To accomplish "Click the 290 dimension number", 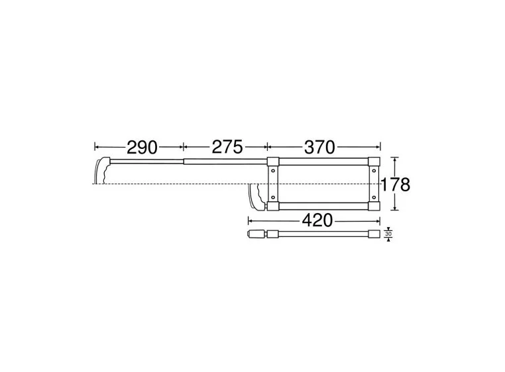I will click(x=142, y=147).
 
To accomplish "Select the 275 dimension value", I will click(x=227, y=147).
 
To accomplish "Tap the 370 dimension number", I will click(x=319, y=147).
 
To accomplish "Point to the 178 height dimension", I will click(x=396, y=185).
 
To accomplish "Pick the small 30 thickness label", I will click(x=388, y=234).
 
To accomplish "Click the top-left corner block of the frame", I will click(x=273, y=161).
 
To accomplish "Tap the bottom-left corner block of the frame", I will click(x=273, y=206).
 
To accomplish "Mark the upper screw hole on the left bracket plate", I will click(x=273, y=173).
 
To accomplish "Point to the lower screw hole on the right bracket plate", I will click(x=374, y=197).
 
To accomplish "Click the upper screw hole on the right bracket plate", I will click(x=374, y=173).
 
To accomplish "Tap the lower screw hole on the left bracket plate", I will click(x=273, y=197).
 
